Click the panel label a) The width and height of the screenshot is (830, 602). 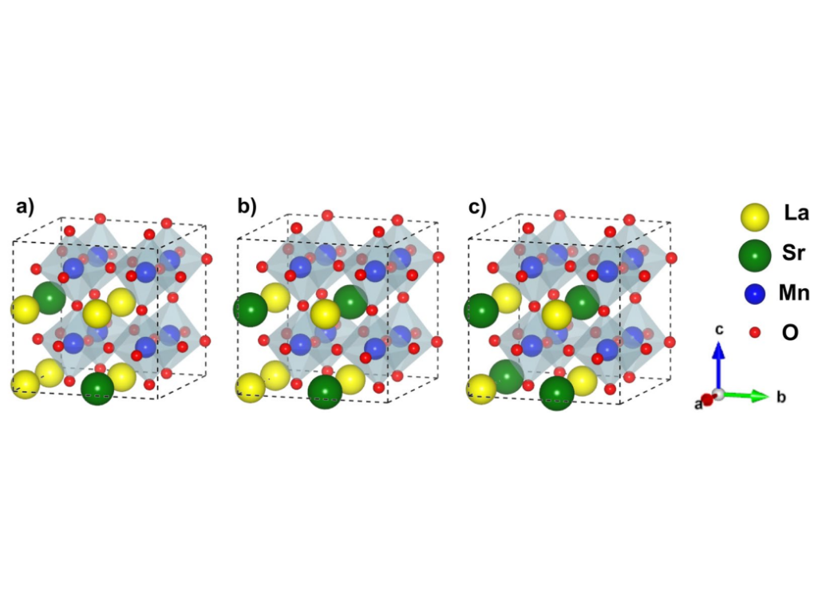tap(25, 207)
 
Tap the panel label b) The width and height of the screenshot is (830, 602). tap(247, 207)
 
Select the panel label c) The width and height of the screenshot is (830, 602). tap(477, 207)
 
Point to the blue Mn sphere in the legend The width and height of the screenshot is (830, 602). tap(754, 294)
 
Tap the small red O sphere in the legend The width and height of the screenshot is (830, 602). tap(755, 332)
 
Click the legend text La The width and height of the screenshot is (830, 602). tap(796, 213)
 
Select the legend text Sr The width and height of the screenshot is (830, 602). tap(793, 253)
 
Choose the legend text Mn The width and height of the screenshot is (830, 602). tap(794, 293)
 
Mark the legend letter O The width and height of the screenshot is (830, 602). tap(790, 332)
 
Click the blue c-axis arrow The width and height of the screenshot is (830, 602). tap(718, 366)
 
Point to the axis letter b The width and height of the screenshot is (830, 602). tap(781, 397)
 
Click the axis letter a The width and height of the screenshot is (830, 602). tap(699, 405)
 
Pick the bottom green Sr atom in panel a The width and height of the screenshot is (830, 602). tap(97, 389)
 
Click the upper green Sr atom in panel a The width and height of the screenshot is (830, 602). tap(49, 298)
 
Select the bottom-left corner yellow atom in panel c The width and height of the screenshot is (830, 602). tap(481, 389)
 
